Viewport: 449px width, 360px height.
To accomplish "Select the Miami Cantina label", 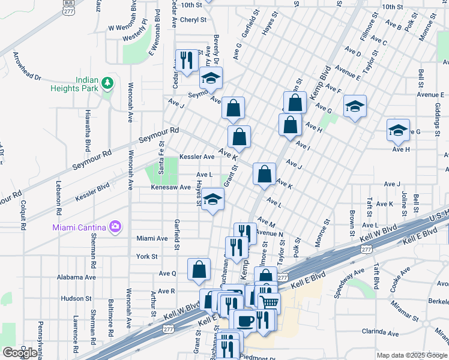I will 76,226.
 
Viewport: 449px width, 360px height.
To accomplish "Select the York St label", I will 146,256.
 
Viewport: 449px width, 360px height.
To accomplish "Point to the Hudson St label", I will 75,298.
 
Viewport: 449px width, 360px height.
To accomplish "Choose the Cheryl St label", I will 193,19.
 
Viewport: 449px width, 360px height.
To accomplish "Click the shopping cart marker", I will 268,303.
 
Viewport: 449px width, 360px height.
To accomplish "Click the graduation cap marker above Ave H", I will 398,130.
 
